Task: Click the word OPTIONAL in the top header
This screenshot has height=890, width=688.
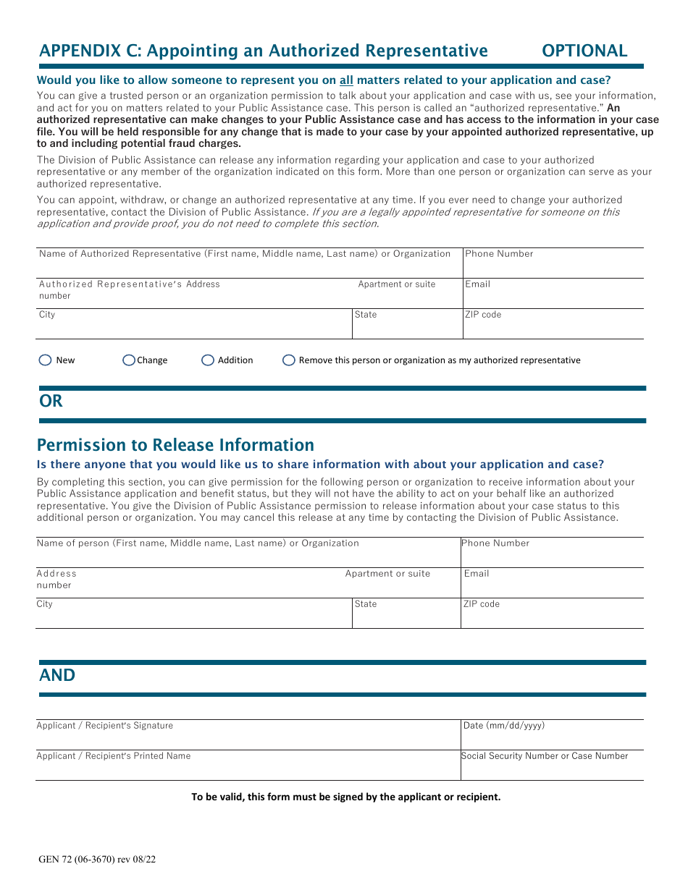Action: [x=584, y=51]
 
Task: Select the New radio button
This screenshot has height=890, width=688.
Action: [x=45, y=360]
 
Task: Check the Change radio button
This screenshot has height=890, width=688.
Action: [x=129, y=360]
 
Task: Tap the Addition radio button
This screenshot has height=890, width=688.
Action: [x=208, y=360]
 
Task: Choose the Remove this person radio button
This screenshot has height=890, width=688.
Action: [x=289, y=360]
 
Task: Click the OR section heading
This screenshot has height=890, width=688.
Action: [x=51, y=401]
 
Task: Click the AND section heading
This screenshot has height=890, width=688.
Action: [x=57, y=675]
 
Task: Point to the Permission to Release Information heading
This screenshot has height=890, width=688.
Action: [x=175, y=445]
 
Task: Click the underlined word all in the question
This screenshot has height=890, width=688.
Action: [x=346, y=80]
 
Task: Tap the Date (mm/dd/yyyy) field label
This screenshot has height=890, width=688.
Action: [x=503, y=726]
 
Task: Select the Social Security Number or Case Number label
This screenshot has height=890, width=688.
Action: [x=545, y=756]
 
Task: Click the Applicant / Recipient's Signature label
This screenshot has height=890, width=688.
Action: [x=105, y=726]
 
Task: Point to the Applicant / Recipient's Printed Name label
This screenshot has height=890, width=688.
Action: [x=114, y=756]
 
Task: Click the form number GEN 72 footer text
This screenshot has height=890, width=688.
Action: [x=97, y=860]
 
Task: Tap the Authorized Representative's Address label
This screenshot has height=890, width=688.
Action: [x=129, y=284]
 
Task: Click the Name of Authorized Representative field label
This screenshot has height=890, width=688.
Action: [x=245, y=254]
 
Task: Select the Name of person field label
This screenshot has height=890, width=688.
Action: [x=198, y=543]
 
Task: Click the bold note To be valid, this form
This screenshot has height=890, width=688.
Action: [x=345, y=797]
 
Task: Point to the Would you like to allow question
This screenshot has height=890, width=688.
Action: [x=323, y=80]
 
